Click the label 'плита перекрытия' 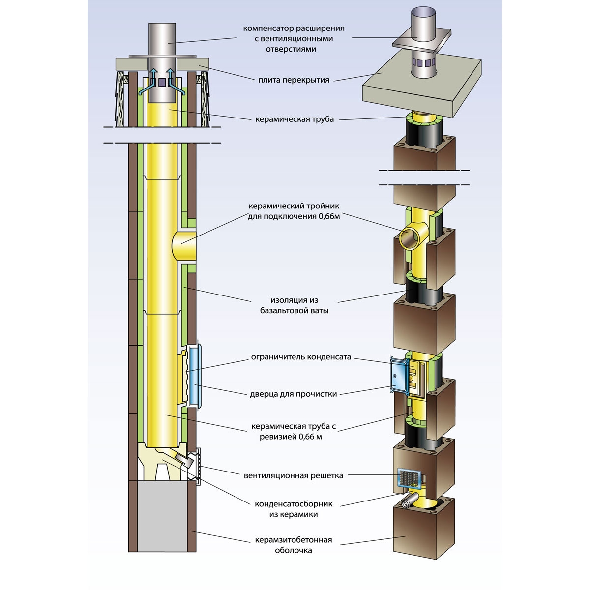[294, 80]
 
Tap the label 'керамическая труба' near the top [294, 119]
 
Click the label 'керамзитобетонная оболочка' [294, 545]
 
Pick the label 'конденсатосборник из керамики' [294, 509]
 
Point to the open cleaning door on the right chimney [399, 374]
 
